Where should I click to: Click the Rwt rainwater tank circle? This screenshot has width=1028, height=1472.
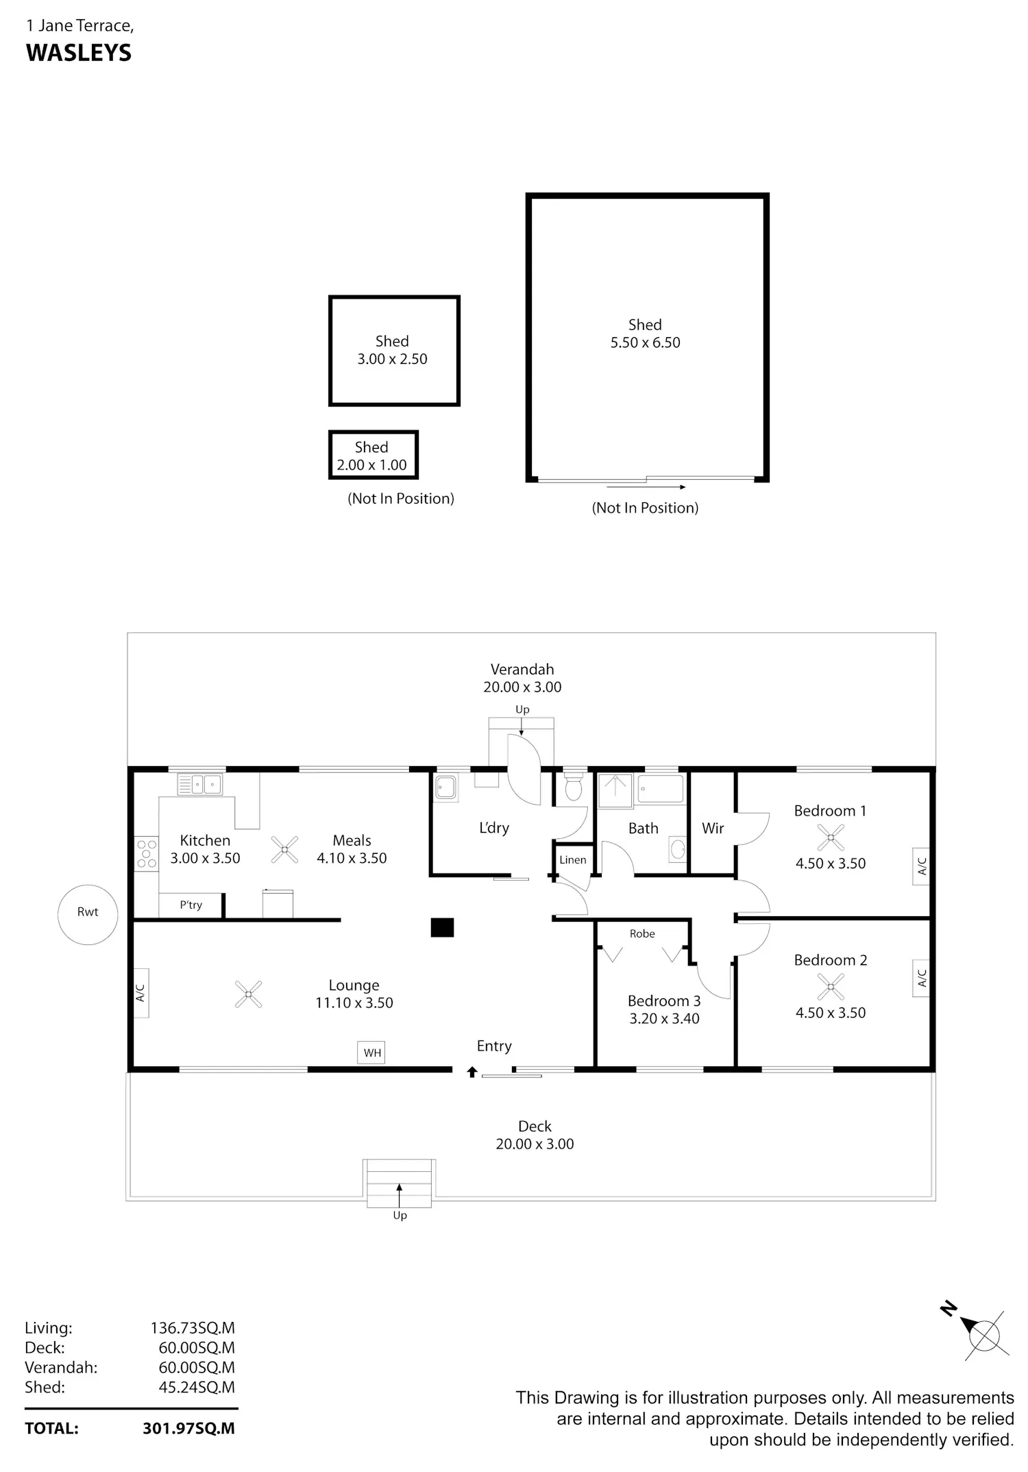[88, 915]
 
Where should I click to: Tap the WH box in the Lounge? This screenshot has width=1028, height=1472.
[371, 1052]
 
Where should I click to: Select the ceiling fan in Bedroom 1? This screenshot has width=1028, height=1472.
[831, 837]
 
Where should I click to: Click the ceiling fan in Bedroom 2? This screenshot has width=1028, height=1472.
[831, 987]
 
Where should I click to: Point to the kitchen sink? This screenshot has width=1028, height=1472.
[199, 784]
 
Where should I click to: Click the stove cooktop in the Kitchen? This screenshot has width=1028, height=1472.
[147, 854]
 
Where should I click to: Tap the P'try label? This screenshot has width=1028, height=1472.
[191, 905]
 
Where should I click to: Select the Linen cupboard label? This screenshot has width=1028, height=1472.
[573, 860]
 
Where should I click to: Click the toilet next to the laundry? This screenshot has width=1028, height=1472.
[573, 786]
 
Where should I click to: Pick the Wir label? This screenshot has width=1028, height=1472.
[713, 828]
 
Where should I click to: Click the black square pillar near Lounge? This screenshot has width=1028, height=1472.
[442, 927]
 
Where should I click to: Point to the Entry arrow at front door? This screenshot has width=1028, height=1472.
[472, 1072]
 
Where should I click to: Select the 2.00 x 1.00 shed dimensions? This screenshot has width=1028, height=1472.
[371, 465]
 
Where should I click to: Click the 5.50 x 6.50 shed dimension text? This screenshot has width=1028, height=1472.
[646, 343]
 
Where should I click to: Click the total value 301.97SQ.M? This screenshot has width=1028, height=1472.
[188, 1428]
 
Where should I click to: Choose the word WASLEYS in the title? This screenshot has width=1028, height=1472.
[79, 53]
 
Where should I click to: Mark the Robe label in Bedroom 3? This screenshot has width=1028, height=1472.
[642, 933]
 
